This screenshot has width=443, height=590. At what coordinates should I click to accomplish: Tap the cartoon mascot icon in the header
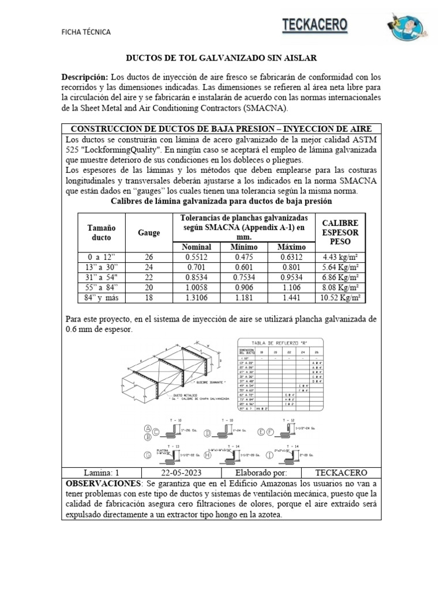pyautogui.click(x=406, y=27)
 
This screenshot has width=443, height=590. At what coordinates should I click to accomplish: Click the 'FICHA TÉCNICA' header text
pyautogui.click(x=86, y=32)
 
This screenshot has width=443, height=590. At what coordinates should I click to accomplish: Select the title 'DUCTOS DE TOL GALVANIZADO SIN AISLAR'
pyautogui.click(x=221, y=59)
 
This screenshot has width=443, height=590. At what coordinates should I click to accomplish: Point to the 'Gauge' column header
pyautogui.click(x=149, y=233)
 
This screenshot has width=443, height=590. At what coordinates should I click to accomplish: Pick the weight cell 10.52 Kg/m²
pyautogui.click(x=340, y=297)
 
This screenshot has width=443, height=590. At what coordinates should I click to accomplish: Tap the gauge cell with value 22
pyautogui.click(x=149, y=277)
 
